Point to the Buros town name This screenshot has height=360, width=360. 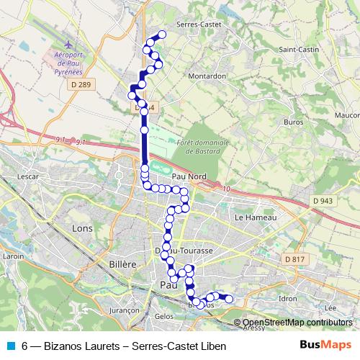click(293, 122)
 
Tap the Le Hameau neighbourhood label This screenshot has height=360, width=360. click(251, 216)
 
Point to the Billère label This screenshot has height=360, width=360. click(122, 264)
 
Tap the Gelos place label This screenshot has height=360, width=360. click(164, 316)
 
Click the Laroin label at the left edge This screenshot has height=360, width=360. click(14, 256)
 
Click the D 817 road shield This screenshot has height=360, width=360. click(294, 258)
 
